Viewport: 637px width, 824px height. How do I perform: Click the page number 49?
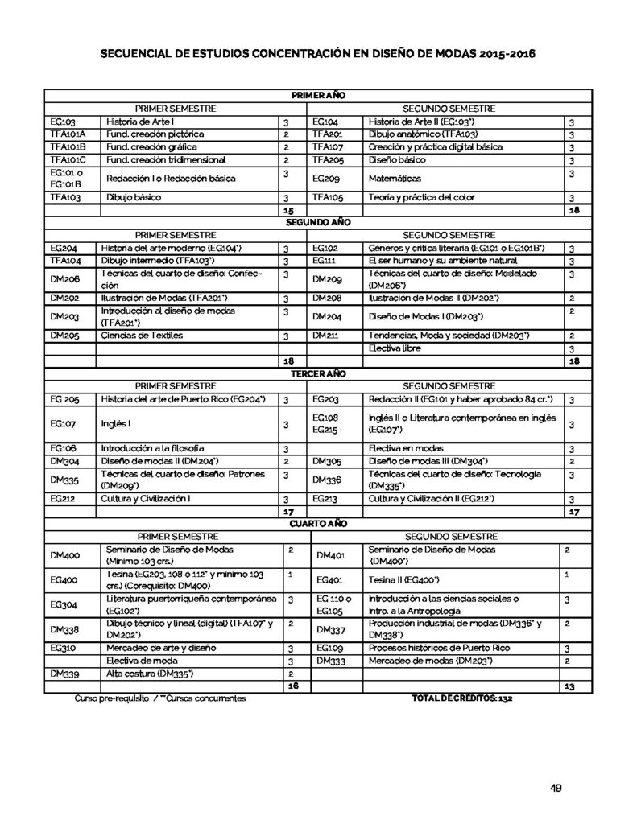[x=555, y=787]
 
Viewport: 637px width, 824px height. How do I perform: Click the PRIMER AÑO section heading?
[x=318, y=96]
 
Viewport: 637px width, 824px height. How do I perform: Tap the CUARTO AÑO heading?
[x=318, y=523]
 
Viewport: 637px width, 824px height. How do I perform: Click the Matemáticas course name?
[x=395, y=178]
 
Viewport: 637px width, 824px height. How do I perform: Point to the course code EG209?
[x=325, y=178]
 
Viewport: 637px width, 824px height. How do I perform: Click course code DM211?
[x=325, y=335]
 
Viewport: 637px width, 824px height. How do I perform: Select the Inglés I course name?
[x=112, y=424]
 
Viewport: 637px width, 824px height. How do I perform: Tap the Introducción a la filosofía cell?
[x=151, y=447]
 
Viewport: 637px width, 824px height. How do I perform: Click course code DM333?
[x=329, y=661]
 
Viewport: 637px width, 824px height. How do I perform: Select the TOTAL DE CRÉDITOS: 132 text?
[x=461, y=698]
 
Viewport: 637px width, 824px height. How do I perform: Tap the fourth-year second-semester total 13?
[x=569, y=686]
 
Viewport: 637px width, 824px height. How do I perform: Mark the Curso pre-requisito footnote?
[x=113, y=698]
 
